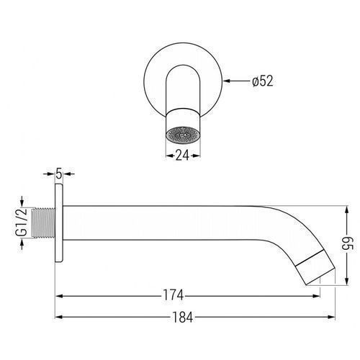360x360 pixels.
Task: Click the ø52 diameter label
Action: pyautogui.click(x=263, y=81)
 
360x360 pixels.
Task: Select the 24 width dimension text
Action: pyautogui.click(x=183, y=156)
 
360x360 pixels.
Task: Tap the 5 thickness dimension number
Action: pyautogui.click(x=59, y=174)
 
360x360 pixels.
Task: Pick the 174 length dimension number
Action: pyautogui.click(x=174, y=295)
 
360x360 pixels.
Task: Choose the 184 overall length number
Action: pyautogui.click(x=182, y=318)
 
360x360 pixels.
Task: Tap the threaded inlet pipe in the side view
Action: pyautogui.click(x=43, y=222)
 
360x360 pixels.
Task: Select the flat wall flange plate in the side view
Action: pyautogui.click(x=59, y=223)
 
